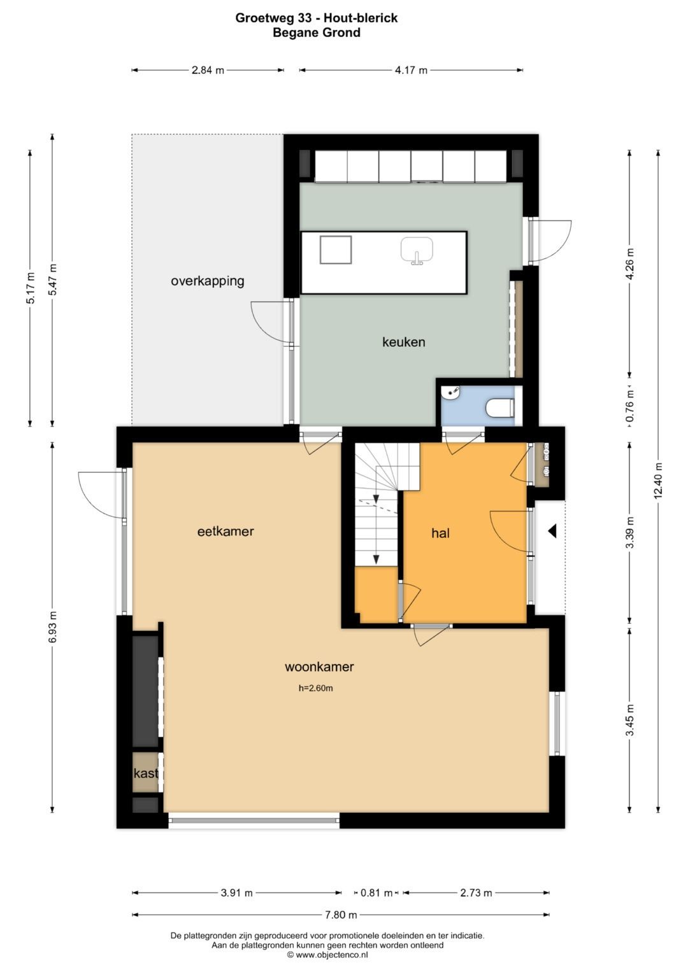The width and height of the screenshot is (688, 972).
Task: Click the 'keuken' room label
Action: [x=403, y=342]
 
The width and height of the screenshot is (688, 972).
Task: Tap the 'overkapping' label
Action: [x=207, y=281]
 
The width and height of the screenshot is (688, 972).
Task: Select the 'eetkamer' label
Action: [x=226, y=532]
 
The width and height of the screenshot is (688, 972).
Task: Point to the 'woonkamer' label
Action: [x=319, y=666]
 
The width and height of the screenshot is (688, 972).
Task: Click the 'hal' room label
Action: [x=440, y=533]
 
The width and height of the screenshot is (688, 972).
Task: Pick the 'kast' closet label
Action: [x=145, y=773]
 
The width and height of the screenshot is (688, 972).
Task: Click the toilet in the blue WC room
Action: [x=500, y=407]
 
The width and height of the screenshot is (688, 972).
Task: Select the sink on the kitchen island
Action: [x=417, y=250]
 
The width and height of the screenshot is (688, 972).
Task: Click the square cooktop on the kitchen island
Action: [x=335, y=250]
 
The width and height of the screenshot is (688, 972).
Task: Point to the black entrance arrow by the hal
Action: [x=552, y=531]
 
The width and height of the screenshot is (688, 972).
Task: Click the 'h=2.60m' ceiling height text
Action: [x=316, y=687]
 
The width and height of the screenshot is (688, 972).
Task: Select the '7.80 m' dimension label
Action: [x=341, y=915]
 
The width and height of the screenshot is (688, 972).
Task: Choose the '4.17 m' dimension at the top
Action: [x=411, y=70]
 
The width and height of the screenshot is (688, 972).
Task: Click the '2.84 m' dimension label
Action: [x=208, y=70]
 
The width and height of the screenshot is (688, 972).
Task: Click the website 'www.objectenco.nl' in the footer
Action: [x=331, y=955]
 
